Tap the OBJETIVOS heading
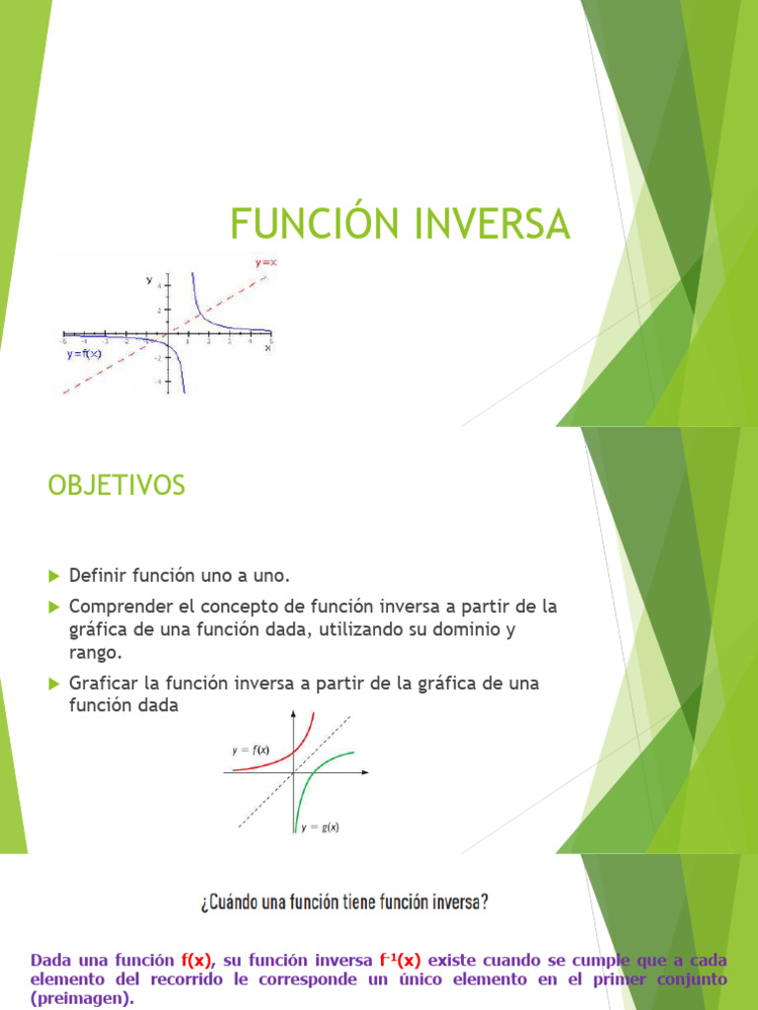(x=116, y=485)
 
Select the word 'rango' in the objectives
(x=95, y=652)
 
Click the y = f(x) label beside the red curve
(x=252, y=750)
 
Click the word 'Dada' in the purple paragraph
(x=50, y=959)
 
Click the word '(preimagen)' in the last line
(x=80, y=998)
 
